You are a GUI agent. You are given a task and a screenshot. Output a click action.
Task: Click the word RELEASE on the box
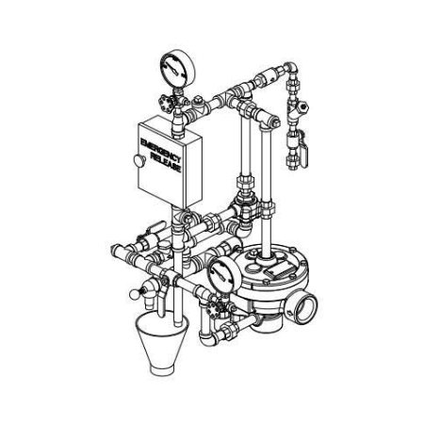pyautogui.click(x=166, y=162)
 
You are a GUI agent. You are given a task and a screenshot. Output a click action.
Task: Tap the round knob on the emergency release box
pyautogui.click(x=139, y=160)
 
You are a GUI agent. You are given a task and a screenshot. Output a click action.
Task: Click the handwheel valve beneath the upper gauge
pyautogui.click(x=165, y=104)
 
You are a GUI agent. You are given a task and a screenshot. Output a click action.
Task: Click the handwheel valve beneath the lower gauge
pyautogui.click(x=214, y=308)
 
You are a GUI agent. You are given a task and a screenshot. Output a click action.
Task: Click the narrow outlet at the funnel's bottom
pyautogui.click(x=162, y=370)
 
